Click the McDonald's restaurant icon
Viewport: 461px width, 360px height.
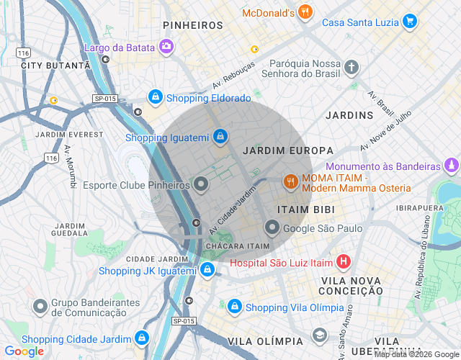tap(305, 12)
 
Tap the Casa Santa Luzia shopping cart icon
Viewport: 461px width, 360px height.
tap(409, 22)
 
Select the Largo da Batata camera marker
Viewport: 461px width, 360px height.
tap(166, 48)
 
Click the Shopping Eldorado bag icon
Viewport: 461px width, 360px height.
tap(155, 97)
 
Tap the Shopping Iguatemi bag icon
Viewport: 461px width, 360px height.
tap(220, 136)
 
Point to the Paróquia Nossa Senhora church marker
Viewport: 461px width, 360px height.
tap(351, 68)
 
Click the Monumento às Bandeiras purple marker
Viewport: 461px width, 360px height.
tap(451, 166)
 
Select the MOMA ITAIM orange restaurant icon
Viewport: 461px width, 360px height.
tap(290, 182)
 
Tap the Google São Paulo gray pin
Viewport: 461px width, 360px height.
tap(272, 228)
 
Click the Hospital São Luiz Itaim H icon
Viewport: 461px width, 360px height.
tap(344, 262)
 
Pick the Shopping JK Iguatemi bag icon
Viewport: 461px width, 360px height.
tap(207, 270)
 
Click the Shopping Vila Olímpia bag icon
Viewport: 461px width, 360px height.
tap(234, 307)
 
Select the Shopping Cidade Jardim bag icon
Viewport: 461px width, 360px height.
tap(141, 338)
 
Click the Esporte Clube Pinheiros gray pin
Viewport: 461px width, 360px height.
tap(202, 185)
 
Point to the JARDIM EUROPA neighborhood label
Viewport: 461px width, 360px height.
tap(288, 151)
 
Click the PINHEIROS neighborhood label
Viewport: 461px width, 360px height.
tap(193, 25)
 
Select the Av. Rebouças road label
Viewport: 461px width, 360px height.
tap(233, 76)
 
